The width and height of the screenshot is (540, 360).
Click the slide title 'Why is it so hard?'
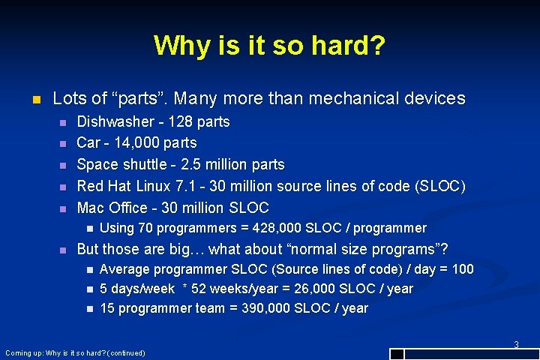click(269, 46)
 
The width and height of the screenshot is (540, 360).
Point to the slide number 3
click(516, 345)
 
